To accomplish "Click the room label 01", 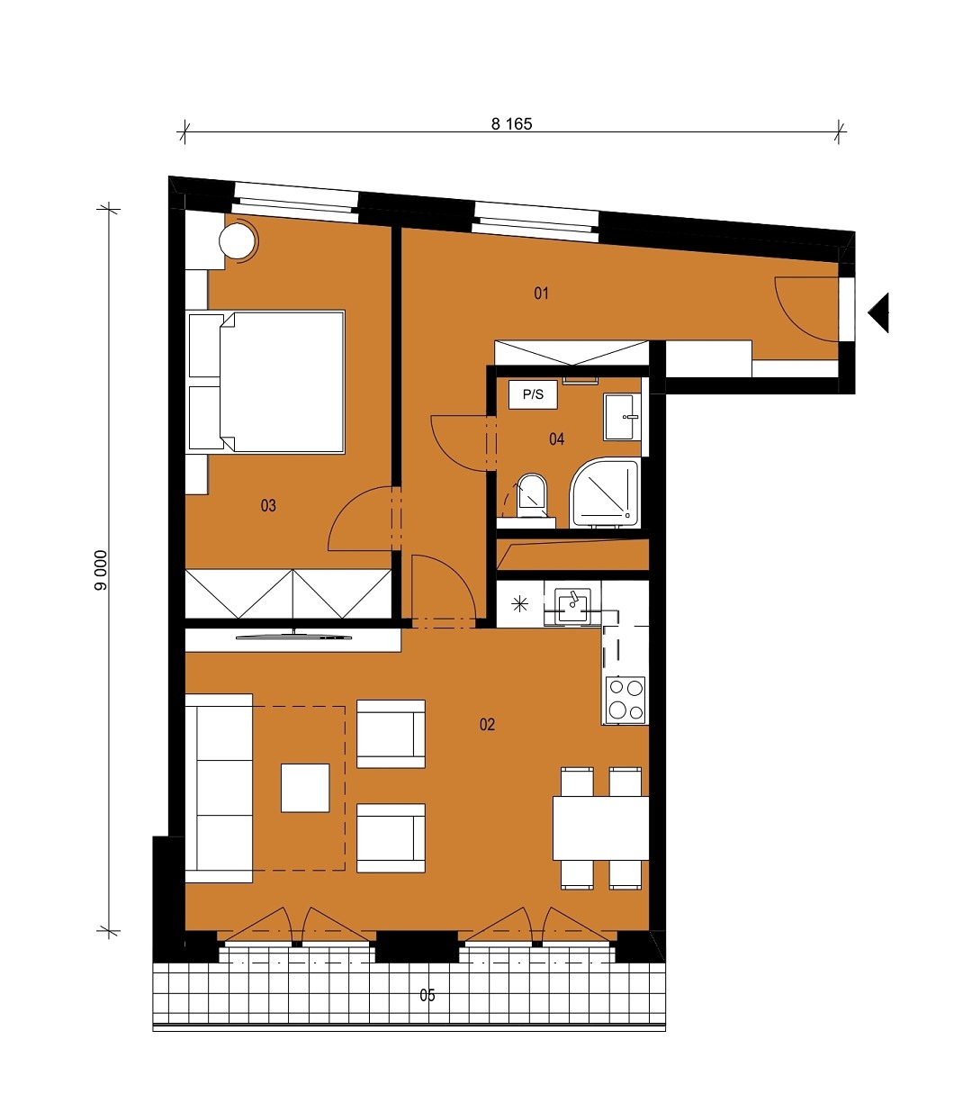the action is click(541, 294).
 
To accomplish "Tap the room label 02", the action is click(487, 724).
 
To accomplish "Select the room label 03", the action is click(268, 505).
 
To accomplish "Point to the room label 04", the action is click(557, 438).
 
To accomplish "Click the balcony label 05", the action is click(427, 995).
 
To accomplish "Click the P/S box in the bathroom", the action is click(533, 394).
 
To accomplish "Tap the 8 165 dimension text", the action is click(511, 124).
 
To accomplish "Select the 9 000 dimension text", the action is click(101, 570).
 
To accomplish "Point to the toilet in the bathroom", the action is click(531, 496).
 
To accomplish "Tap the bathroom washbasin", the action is click(622, 417).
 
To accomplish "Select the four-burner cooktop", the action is click(625, 700).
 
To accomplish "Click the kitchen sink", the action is click(572, 604).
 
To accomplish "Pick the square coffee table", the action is click(305, 789).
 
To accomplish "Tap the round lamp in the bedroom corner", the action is click(238, 240).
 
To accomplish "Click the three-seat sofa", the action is click(219, 788).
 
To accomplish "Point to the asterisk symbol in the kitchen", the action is click(520, 604).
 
